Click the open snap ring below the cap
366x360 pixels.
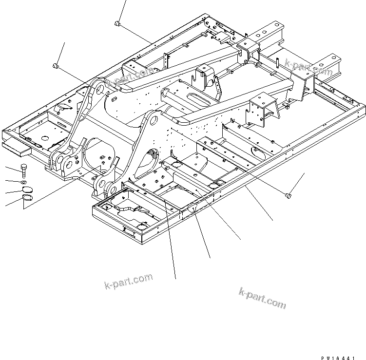pos(28,199)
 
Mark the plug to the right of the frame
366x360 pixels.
pos(288,195)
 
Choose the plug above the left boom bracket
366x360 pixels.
pos(56,65)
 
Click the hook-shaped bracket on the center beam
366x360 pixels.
pos(202,77)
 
